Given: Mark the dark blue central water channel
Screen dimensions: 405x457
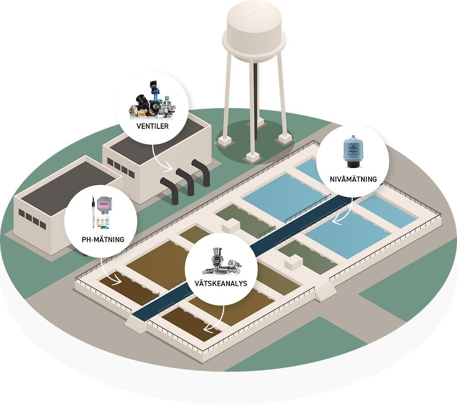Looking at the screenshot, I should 256,247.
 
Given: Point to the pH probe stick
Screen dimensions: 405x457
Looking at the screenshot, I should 93,213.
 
